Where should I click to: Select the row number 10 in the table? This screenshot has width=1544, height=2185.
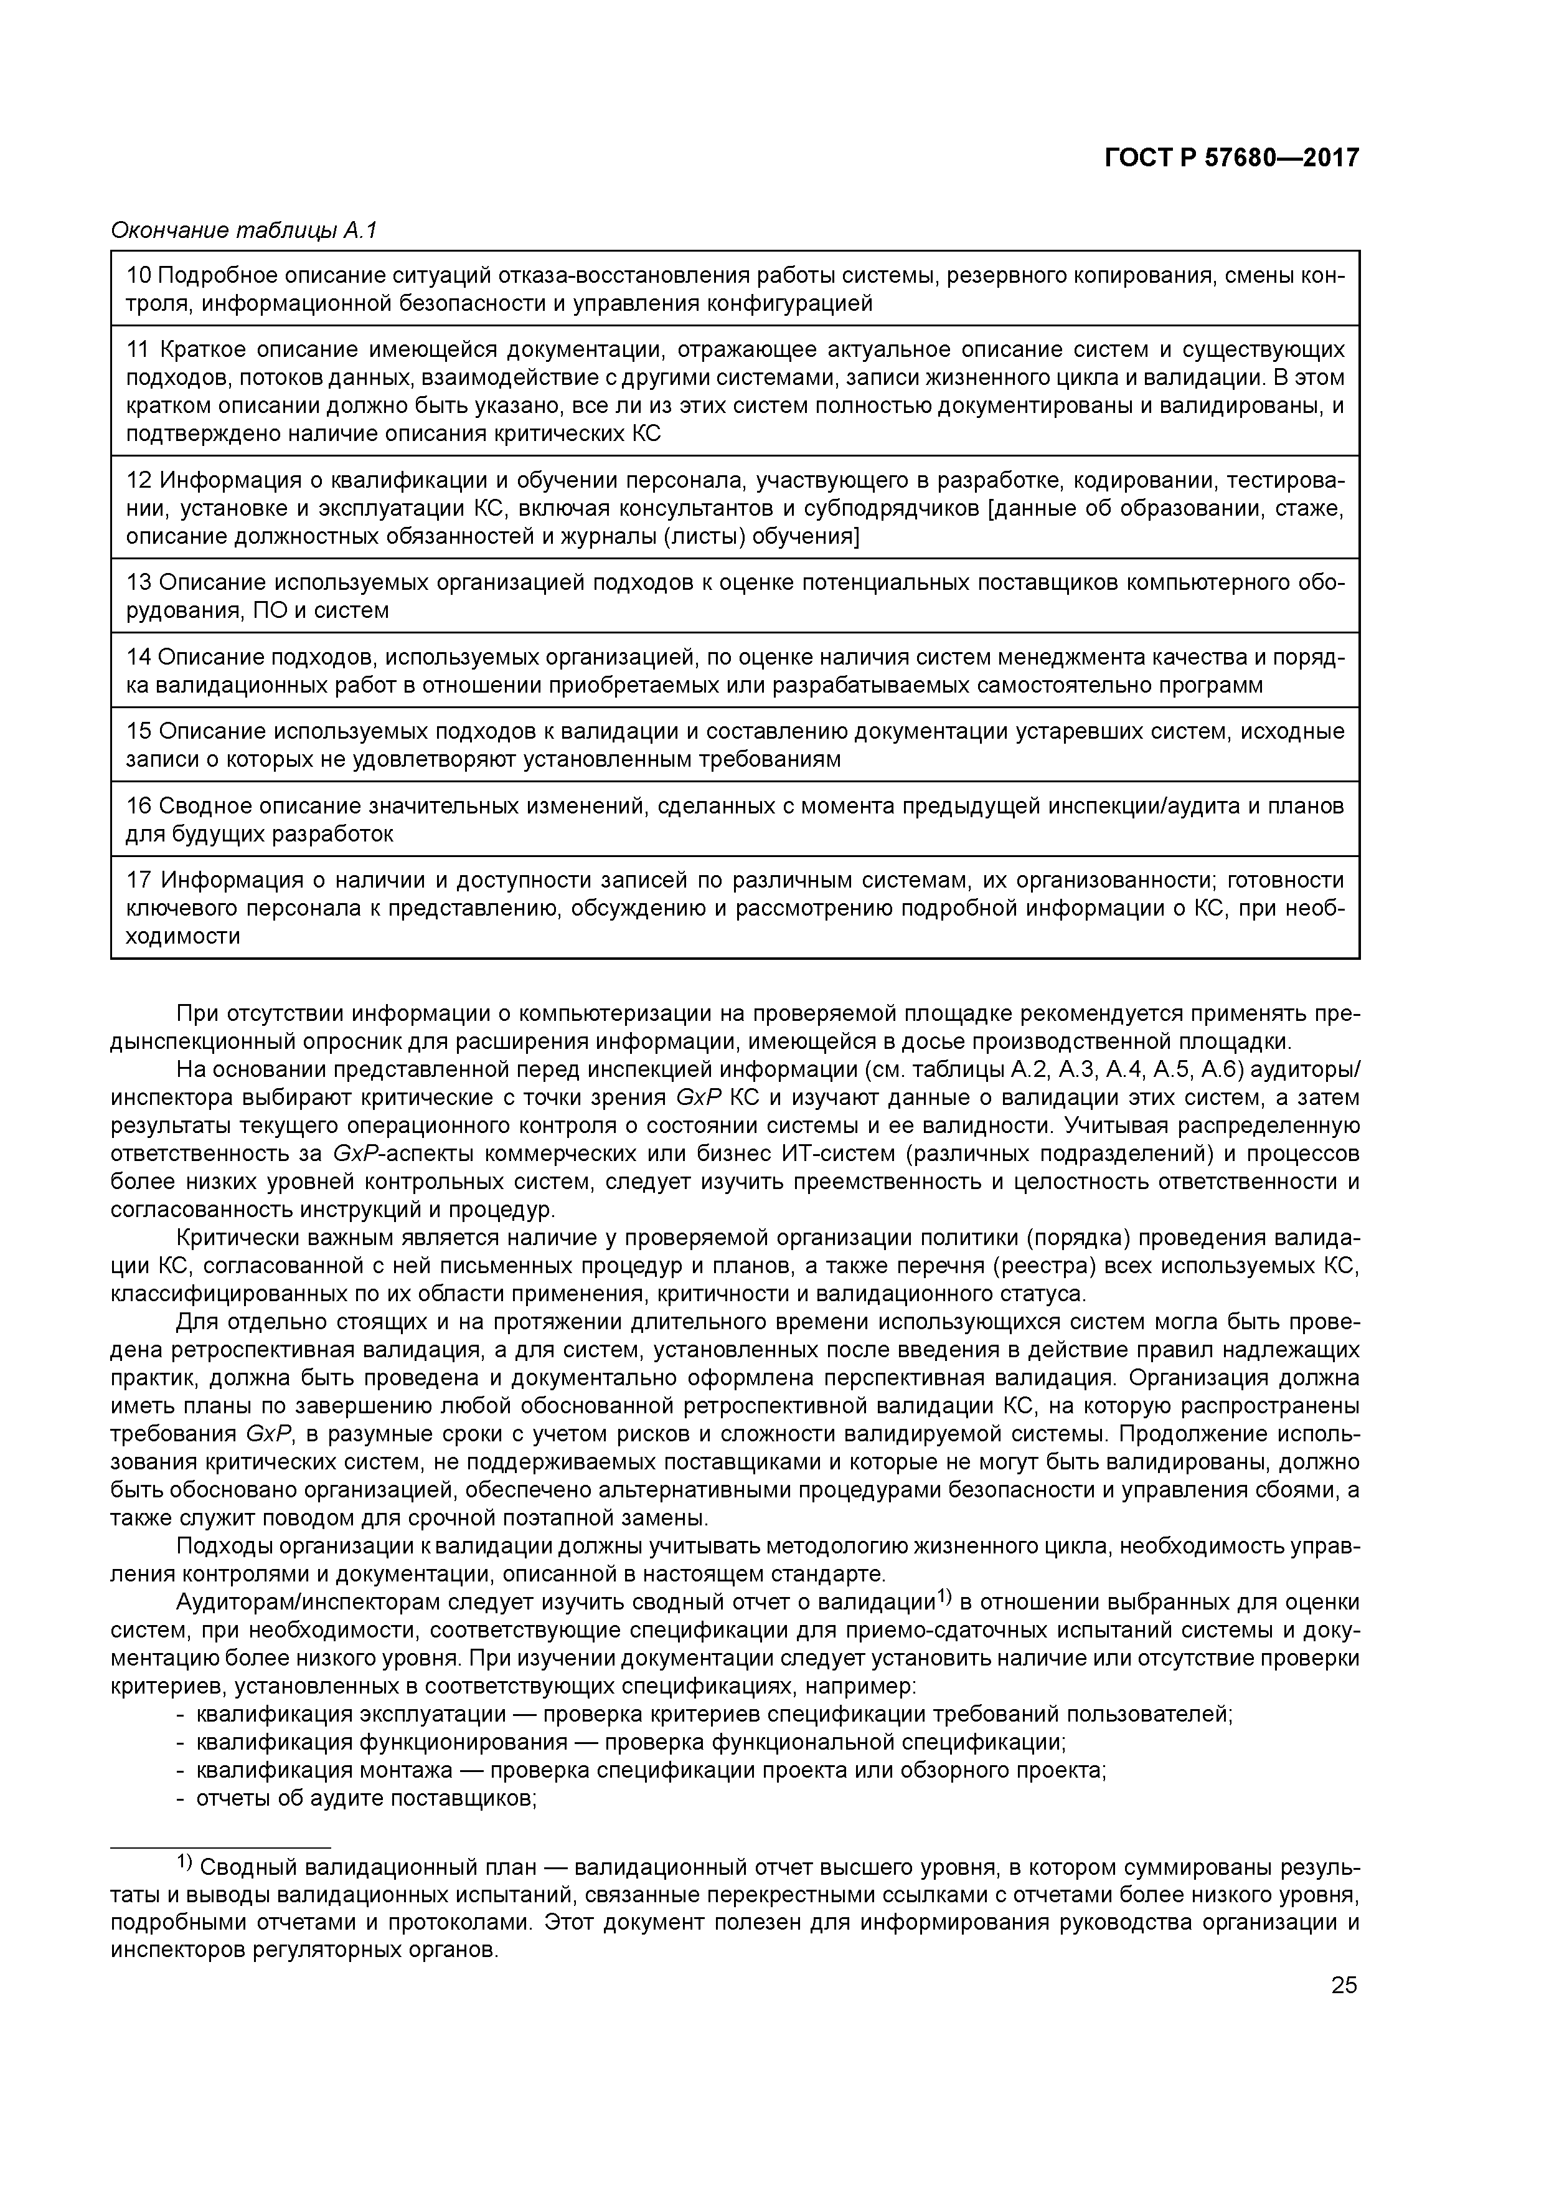(x=139, y=276)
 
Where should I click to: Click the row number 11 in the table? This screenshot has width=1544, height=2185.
(x=139, y=350)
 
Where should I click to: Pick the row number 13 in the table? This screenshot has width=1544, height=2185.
(x=139, y=582)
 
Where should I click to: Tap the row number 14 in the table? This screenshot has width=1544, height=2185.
(x=139, y=656)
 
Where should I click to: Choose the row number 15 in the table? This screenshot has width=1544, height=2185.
(x=139, y=731)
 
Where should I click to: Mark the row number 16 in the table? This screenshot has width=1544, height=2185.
(x=139, y=806)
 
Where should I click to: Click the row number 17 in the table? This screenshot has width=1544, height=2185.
(x=139, y=880)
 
